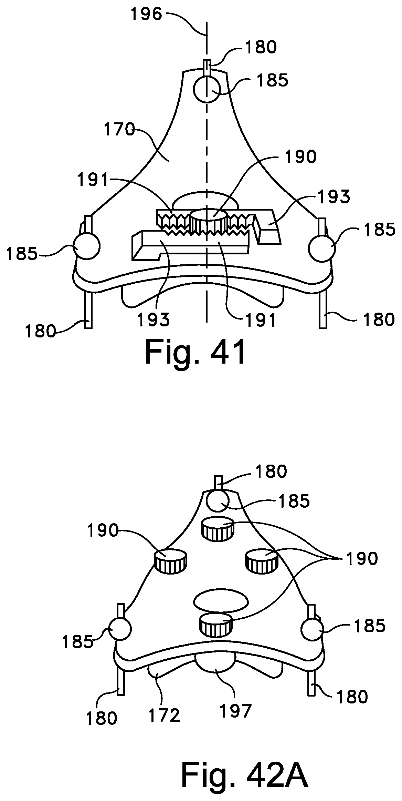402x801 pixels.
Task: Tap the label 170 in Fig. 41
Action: (x=119, y=130)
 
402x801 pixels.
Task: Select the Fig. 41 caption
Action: (x=195, y=352)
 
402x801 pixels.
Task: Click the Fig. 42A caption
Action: (x=245, y=772)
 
